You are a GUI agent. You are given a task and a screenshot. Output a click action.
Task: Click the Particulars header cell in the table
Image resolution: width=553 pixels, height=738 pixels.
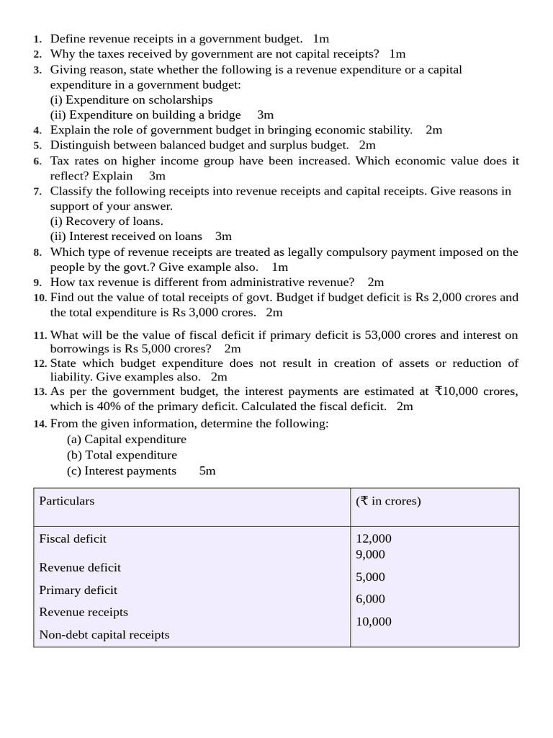67,501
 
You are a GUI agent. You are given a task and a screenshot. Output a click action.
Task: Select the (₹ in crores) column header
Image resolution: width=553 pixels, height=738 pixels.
388,501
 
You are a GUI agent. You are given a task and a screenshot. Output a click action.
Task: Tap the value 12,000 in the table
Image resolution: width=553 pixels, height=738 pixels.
374,538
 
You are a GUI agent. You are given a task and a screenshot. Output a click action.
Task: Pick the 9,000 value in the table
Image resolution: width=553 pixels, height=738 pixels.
370,554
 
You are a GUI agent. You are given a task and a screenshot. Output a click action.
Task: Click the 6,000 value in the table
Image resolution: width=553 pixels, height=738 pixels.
370,599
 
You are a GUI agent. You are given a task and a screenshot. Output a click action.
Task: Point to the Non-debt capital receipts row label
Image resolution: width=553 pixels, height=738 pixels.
104,635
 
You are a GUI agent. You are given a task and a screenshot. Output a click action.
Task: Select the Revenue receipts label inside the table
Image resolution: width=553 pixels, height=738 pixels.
84,612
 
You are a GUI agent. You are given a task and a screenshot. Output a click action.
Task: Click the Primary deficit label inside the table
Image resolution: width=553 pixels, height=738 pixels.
78,590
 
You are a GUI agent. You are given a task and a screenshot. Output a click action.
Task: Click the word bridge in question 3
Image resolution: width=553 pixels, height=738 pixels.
224,115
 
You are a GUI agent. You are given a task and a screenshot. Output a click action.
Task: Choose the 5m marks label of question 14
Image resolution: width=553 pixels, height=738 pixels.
207,471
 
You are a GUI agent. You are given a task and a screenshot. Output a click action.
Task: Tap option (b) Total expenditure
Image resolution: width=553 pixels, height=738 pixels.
122,455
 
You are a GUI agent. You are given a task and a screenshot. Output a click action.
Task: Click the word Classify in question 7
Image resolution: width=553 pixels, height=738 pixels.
71,191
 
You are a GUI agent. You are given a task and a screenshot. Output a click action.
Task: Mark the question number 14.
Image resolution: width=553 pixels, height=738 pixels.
40,424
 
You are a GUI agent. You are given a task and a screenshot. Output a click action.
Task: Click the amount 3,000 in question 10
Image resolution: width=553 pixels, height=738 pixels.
204,312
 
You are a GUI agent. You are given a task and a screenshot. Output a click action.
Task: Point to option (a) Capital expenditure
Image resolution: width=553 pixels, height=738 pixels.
127,439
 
